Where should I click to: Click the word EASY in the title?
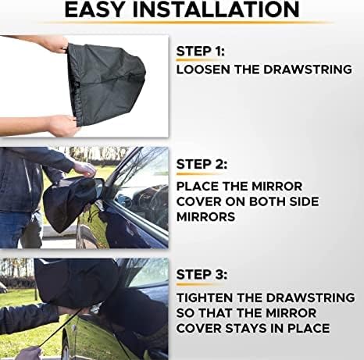click(x=102, y=10)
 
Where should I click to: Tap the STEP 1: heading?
click(x=202, y=53)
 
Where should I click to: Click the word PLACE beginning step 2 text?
click(x=198, y=187)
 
